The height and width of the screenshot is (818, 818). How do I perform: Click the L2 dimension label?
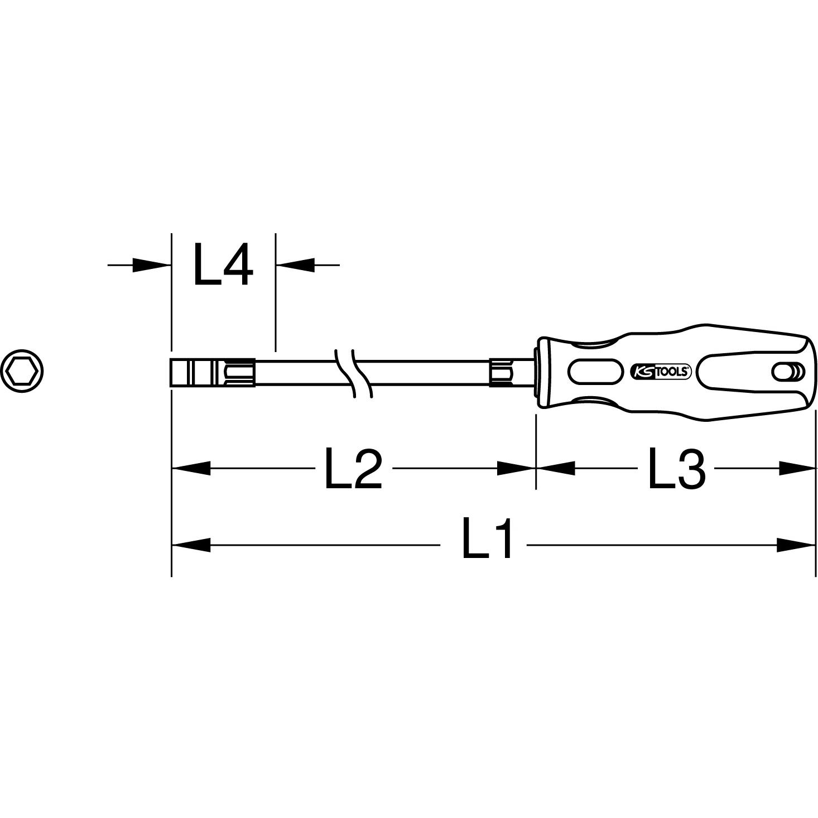(353, 469)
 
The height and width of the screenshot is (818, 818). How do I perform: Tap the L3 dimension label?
(676, 469)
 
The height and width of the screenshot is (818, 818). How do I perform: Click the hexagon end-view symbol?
(22, 371)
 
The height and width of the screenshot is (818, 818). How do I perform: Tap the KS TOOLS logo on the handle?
(661, 372)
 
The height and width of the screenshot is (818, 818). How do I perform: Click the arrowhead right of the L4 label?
(296, 265)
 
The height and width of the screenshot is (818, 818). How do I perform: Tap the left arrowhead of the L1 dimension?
(191, 545)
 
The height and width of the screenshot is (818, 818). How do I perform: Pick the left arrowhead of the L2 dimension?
(191, 468)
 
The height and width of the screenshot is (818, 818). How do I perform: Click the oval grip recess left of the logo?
(595, 372)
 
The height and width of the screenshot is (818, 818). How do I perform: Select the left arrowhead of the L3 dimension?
(556, 468)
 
